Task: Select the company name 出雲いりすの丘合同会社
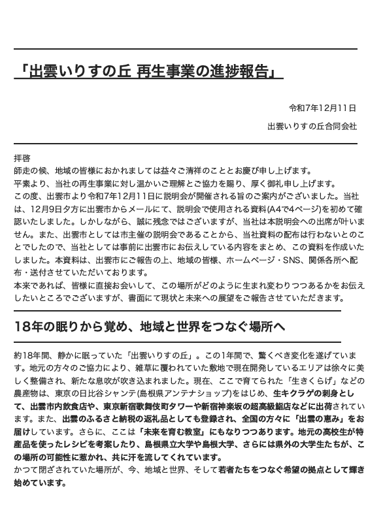click(312, 125)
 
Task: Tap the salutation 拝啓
click(22, 158)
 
